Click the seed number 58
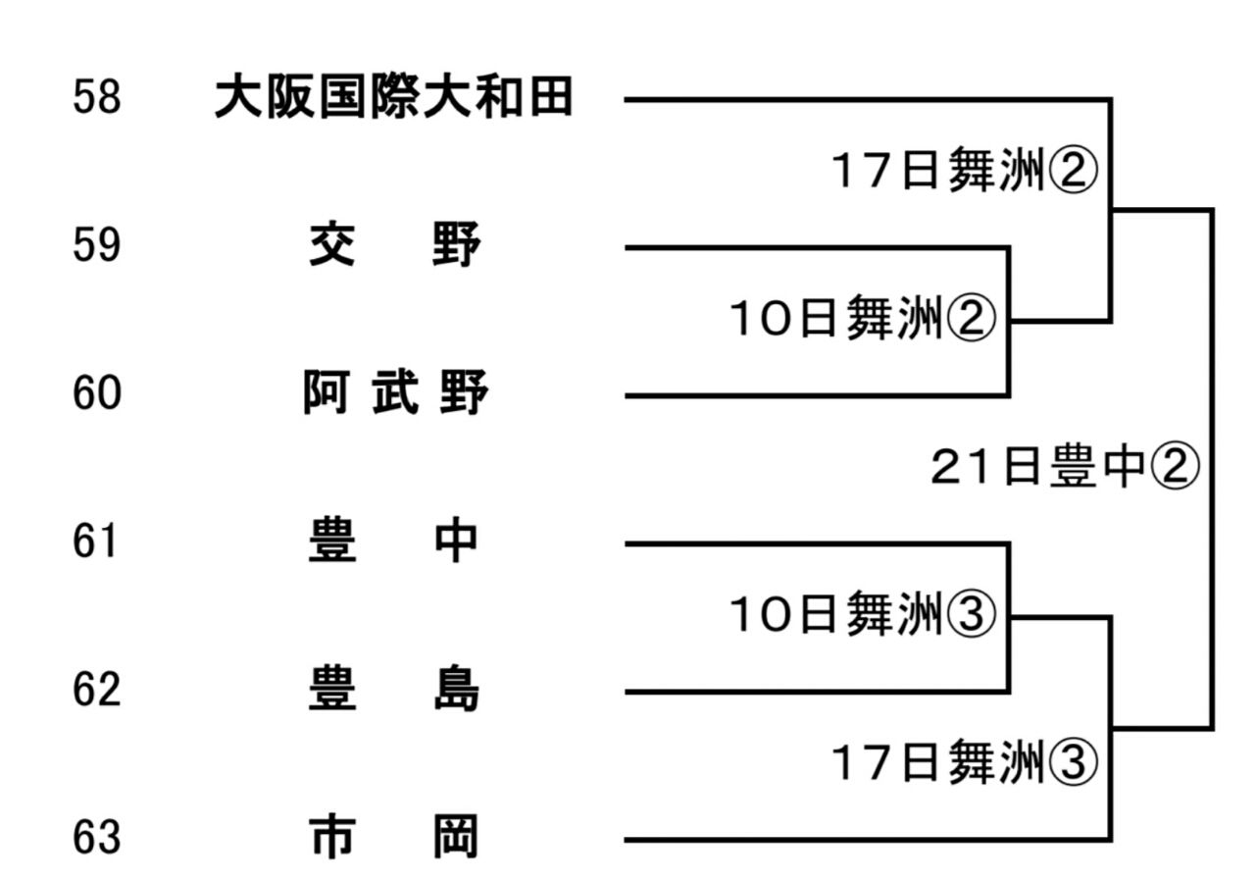(96, 98)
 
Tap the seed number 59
(96, 245)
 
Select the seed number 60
(96, 393)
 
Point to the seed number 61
(96, 542)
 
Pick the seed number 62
(96, 690)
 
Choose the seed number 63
(96, 838)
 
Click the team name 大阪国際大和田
(393, 98)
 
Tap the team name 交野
(394, 245)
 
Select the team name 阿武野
(394, 393)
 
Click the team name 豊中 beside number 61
(394, 542)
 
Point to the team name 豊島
(394, 690)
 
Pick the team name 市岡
(394, 838)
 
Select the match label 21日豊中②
(1065, 468)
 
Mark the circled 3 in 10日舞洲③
(972, 615)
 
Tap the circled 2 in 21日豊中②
(1175, 468)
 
